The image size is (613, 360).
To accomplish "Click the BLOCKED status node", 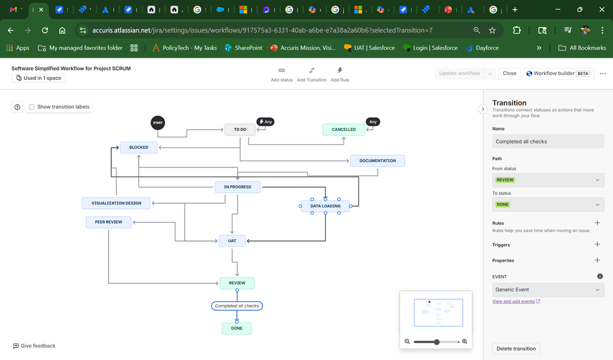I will (139, 147).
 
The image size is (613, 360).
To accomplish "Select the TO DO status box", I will (240, 129).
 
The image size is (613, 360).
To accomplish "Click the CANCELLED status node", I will (344, 129).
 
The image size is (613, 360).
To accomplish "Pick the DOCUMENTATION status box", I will (377, 161).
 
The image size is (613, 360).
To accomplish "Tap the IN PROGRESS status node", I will (237, 187).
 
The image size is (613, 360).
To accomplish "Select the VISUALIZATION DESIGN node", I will (117, 203).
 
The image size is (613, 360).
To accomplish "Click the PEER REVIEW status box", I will (109, 222).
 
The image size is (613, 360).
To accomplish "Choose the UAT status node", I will (232, 240).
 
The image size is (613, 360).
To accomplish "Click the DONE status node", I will (237, 328).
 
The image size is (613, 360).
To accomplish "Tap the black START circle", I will (158, 123).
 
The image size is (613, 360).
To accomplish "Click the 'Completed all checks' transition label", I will (237, 305).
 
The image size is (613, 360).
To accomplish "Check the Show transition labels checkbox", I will (32, 107).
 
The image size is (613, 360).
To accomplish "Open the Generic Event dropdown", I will (547, 289).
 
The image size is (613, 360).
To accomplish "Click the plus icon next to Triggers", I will (597, 244).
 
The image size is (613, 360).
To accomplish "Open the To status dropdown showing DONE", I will (547, 204).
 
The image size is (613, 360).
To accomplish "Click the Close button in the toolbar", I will (509, 73).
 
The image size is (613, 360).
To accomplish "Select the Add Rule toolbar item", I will (340, 74).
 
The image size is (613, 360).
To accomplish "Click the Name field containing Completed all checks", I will (547, 142).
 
